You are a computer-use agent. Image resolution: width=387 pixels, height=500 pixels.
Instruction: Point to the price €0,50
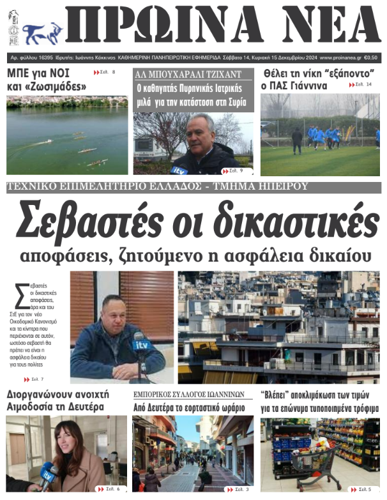pos(370,57)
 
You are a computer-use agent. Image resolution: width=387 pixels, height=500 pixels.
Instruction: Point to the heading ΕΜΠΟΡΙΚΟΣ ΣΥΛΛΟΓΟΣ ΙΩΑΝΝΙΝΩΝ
pos(188,395)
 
